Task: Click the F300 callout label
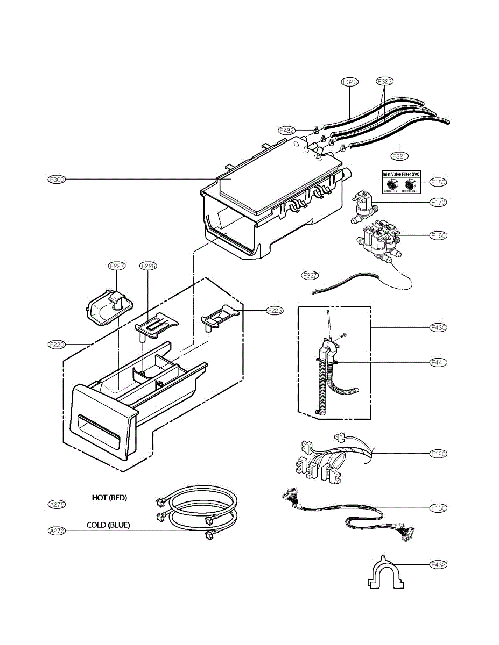tap(57, 180)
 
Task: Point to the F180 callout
tap(439, 182)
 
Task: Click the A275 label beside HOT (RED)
tap(57, 504)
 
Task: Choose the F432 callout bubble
tap(439, 565)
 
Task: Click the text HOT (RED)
tap(109, 498)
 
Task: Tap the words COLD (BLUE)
tap(108, 525)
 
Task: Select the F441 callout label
tap(439, 363)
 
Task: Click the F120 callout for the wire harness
tap(439, 454)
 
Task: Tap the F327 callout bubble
tap(310, 275)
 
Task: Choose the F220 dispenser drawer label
tap(57, 343)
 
